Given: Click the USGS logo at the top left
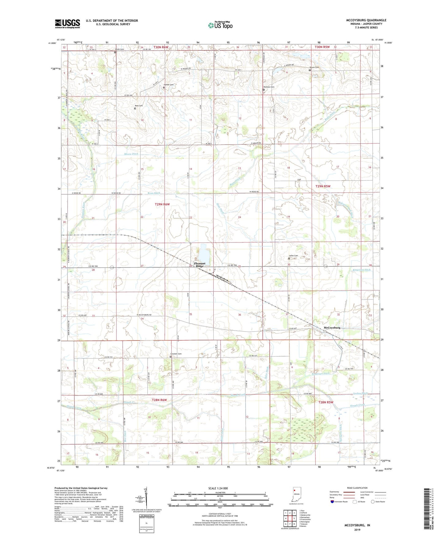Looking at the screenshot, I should click(67, 24).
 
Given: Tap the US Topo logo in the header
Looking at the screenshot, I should click(220, 25).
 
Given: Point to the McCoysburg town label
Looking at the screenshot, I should click(332, 328).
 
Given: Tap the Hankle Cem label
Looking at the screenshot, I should click(169, 85).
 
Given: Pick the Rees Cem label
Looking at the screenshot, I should click(139, 106).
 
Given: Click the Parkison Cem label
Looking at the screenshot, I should click(269, 87).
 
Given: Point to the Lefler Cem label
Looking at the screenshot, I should click(293, 256).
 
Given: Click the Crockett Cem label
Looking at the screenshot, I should click(176, 354).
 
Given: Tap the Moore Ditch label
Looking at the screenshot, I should click(131, 154).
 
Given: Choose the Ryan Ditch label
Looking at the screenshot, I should click(154, 193).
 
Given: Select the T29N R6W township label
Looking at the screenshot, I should click(162, 204).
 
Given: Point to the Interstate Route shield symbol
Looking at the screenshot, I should click(333, 502).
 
